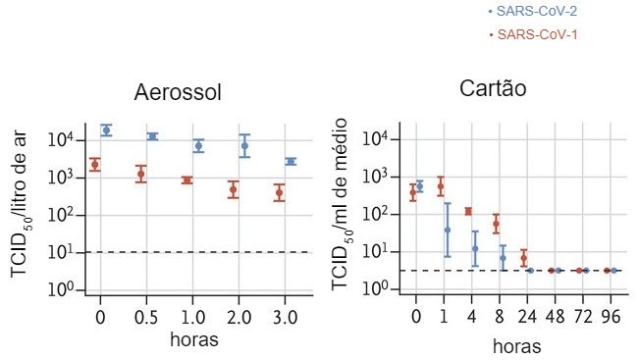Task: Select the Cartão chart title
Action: pyautogui.click(x=494, y=88)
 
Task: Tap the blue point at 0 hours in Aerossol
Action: pyautogui.click(x=106, y=129)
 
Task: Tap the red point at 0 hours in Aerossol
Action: pyautogui.click(x=94, y=164)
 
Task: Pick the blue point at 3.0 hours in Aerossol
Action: pyautogui.click(x=291, y=161)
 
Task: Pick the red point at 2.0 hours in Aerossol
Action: pyautogui.click(x=234, y=189)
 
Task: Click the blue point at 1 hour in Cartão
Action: pyautogui.click(x=447, y=230)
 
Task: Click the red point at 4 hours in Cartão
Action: pyautogui.click(x=468, y=211)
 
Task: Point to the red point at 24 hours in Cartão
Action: pyautogui.click(x=523, y=259)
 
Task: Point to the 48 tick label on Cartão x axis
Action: pyautogui.click(x=555, y=318)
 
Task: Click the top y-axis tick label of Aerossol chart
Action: pyautogui.click(x=62, y=140)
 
